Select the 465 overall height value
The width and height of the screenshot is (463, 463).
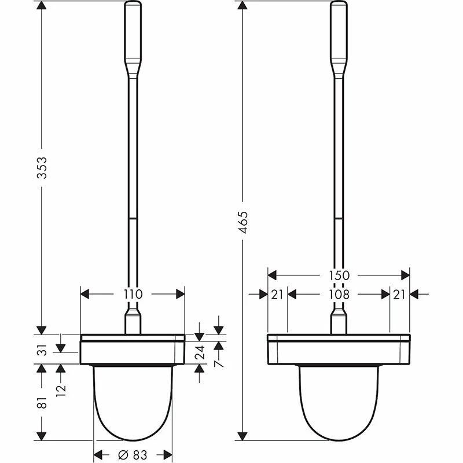pyautogui.click(x=244, y=222)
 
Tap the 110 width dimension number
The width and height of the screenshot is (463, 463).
pyautogui.click(x=133, y=294)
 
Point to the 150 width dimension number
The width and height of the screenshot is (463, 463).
pyautogui.click(x=339, y=275)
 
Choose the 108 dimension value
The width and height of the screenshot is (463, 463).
pyautogui.click(x=339, y=294)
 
